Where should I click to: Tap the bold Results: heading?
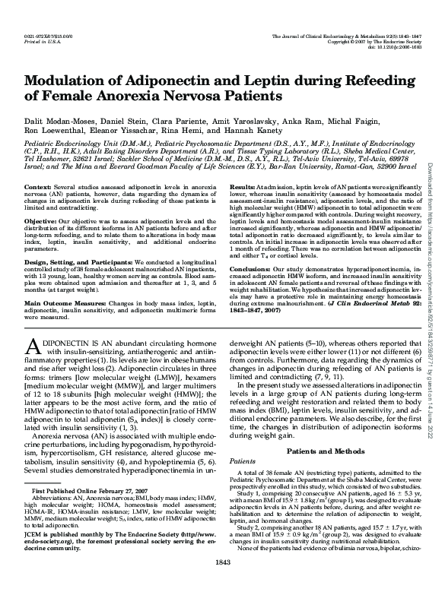point(242,187)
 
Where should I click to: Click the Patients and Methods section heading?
point(319,451)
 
